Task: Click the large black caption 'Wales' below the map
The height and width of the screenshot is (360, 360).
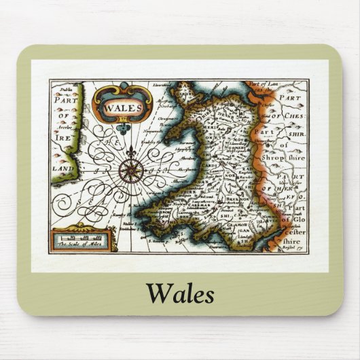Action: tap(180, 293)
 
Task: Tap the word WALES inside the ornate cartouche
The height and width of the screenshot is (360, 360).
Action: tap(123, 107)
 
